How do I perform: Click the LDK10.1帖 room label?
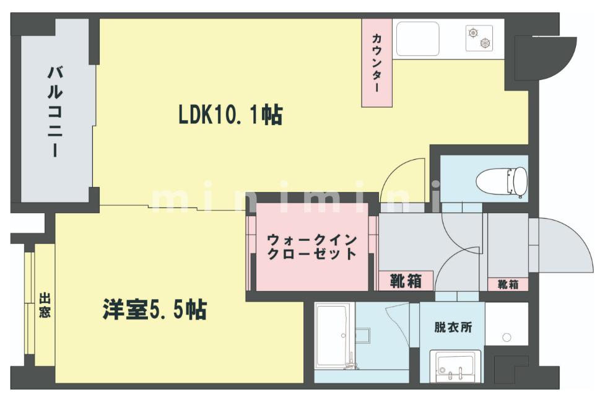tap(230, 115)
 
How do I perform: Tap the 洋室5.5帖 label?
tap(155, 310)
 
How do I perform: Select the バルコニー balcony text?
tap(55, 111)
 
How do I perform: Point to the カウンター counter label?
tap(376, 63)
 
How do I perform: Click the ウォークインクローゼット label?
tap(311, 246)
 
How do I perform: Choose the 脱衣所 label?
tap(453, 327)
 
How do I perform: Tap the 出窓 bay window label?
tap(45, 305)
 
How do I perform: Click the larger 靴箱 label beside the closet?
tap(406, 281)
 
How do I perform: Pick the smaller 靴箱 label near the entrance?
tap(508, 284)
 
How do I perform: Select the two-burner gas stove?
tap(479, 38)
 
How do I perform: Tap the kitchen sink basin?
tap(417, 38)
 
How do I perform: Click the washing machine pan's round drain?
tap(507, 338)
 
